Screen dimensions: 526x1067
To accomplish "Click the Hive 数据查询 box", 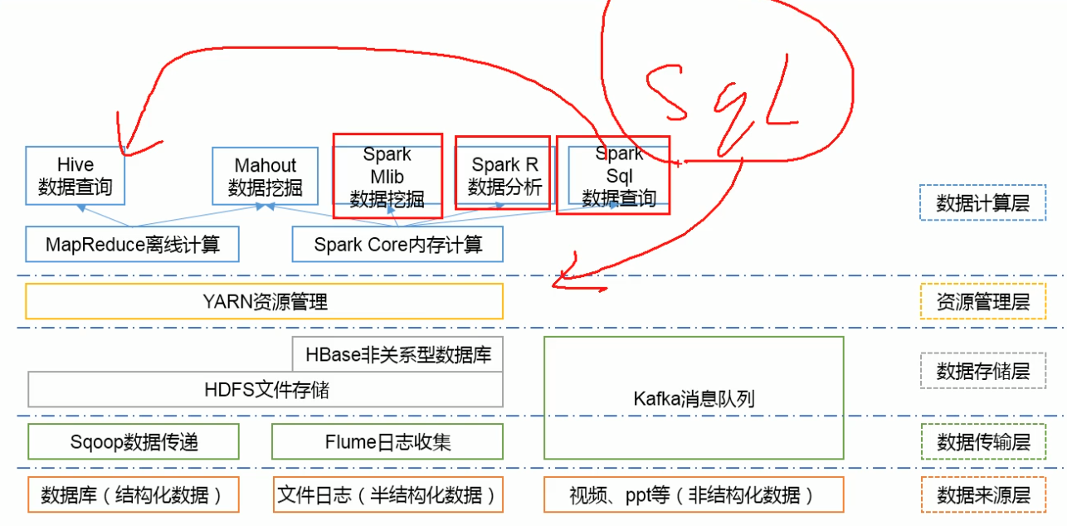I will click(76, 176).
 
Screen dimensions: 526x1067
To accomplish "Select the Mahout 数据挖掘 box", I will click(266, 176).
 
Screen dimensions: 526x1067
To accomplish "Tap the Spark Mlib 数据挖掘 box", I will click(387, 177).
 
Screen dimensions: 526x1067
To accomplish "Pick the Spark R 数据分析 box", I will click(504, 176).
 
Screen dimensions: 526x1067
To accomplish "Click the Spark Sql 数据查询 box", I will click(619, 176).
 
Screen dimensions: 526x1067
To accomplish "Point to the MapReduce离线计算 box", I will click(133, 245).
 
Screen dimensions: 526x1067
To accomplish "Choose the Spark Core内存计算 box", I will click(397, 245).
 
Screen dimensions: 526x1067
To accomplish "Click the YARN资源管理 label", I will click(265, 301).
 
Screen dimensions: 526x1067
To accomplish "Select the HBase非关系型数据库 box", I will click(398, 355).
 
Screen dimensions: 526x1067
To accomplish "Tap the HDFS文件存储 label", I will click(266, 389).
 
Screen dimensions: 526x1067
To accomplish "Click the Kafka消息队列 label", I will click(694, 398).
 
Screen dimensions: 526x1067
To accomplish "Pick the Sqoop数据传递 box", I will click(134, 441).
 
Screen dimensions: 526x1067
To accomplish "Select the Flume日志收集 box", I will click(387, 441).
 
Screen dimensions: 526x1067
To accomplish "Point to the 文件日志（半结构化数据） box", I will click(387, 495).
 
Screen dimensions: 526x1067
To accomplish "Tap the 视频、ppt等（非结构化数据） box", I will click(694, 495).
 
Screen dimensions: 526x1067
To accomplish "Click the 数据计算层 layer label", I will click(983, 203).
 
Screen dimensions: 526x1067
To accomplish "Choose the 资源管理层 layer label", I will click(983, 301).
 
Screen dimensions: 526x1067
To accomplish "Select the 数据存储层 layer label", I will click(983, 371).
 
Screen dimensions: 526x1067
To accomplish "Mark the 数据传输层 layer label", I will click(983, 441).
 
